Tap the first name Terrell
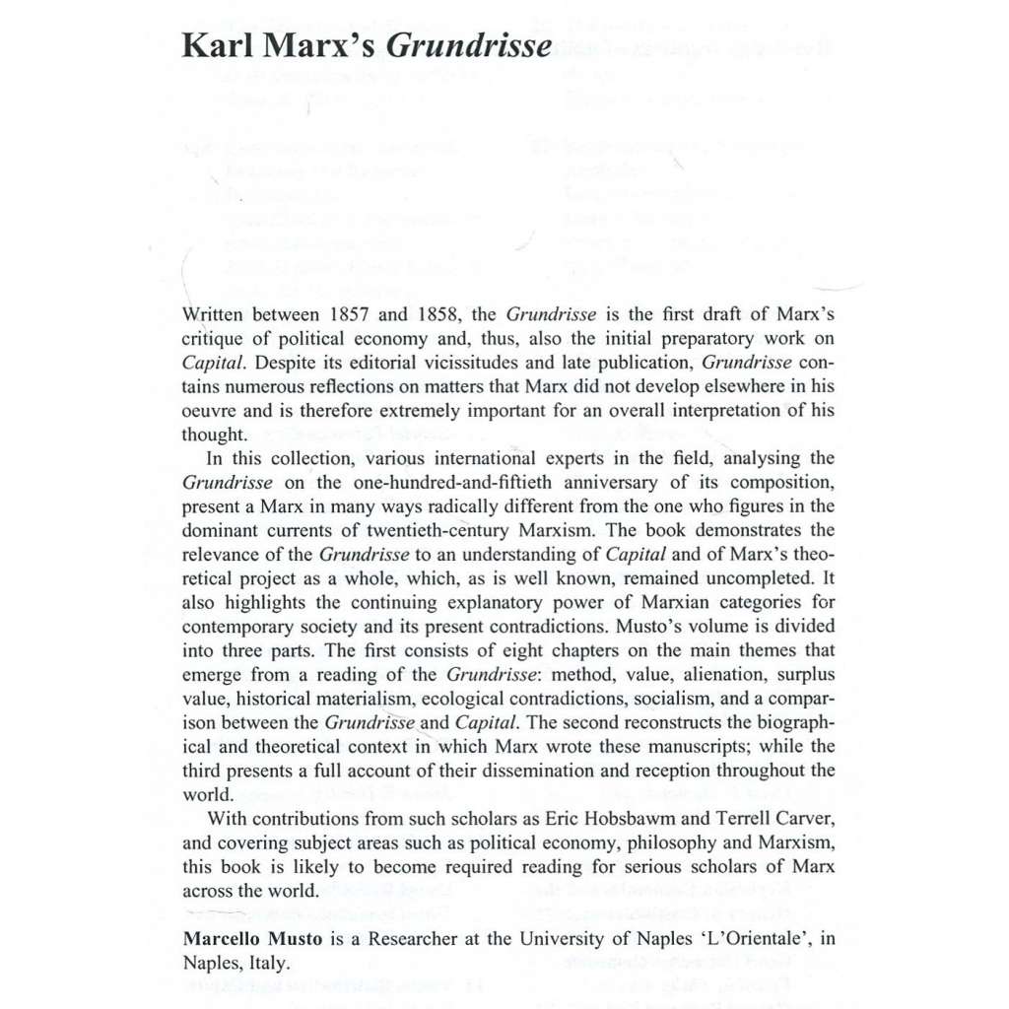coord(723,819)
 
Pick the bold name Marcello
coord(226,939)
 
